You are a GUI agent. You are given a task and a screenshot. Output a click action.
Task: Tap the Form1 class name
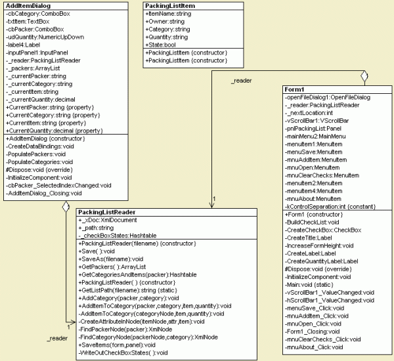(x=295, y=89)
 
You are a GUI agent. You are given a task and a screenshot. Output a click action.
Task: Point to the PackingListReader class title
(x=106, y=213)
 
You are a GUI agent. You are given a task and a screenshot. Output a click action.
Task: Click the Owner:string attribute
(x=165, y=21)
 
